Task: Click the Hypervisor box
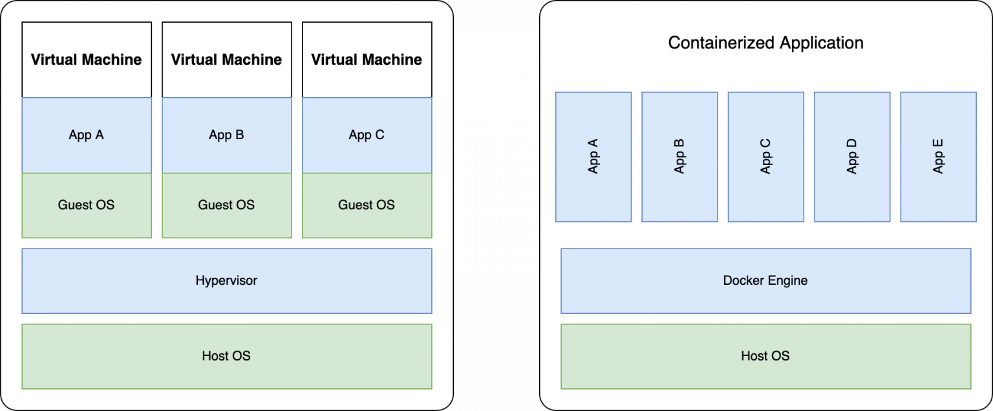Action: (x=226, y=281)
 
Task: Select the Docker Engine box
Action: (x=765, y=281)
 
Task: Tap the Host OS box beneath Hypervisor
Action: (x=226, y=356)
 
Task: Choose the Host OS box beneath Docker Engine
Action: (x=765, y=356)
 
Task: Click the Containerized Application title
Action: (x=765, y=43)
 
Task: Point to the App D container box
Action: (x=851, y=157)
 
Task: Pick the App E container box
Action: (x=938, y=157)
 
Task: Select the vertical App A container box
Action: (x=593, y=157)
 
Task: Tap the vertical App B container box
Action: (x=679, y=157)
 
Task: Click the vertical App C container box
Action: (x=765, y=157)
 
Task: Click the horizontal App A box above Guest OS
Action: (x=87, y=135)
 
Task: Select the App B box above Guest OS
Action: (x=226, y=135)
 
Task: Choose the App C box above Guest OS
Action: (x=367, y=135)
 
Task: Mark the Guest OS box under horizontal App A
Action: (x=87, y=205)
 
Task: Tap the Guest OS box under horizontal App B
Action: (x=226, y=205)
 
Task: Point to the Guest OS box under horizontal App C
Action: (x=367, y=205)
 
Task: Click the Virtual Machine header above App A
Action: (x=87, y=60)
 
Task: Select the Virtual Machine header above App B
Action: (x=226, y=60)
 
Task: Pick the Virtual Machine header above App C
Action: (x=367, y=60)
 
